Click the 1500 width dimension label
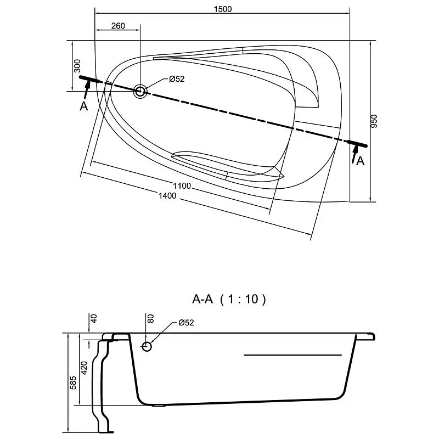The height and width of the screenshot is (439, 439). pos(223,9)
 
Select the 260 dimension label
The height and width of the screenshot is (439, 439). pos(118,26)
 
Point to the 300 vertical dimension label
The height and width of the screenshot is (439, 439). pos(77,66)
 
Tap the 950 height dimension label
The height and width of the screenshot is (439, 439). pos(374,121)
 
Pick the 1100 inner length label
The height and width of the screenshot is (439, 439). pos(182,185)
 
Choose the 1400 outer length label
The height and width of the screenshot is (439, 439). pos(167,195)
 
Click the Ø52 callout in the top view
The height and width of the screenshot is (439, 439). pos(177,79)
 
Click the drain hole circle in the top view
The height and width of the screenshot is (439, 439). pos(140,91)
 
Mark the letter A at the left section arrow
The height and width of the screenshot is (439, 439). pos(84,106)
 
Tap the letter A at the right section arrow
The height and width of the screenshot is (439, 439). pos(361,161)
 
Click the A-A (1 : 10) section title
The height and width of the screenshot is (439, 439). pos(229,299)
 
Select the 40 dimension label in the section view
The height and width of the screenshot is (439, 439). pos(93,318)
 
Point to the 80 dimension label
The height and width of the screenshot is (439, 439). pos(150,318)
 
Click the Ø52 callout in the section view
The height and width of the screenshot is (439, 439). pos(186,323)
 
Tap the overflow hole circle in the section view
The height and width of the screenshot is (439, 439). pos(147,347)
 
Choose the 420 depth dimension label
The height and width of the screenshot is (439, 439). pos(84,368)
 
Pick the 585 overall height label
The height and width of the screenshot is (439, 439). pos(73,382)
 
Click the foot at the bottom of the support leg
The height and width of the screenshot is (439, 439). pos(106,432)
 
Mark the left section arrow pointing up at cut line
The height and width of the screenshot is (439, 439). pos(87,89)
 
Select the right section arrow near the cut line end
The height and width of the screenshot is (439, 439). pos(354,154)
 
